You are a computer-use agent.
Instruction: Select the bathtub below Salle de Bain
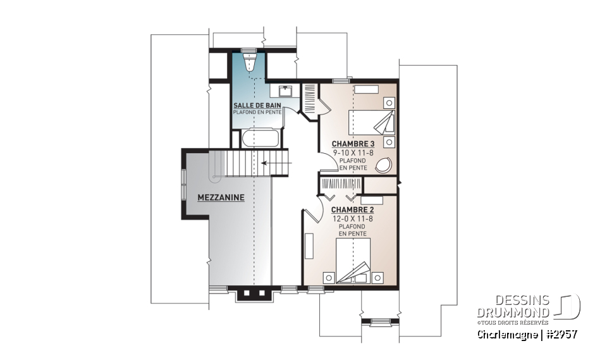pos(257,137)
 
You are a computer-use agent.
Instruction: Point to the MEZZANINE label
pos(221,197)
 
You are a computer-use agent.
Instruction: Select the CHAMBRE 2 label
pos(352,209)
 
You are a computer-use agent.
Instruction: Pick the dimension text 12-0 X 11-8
pos(352,218)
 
